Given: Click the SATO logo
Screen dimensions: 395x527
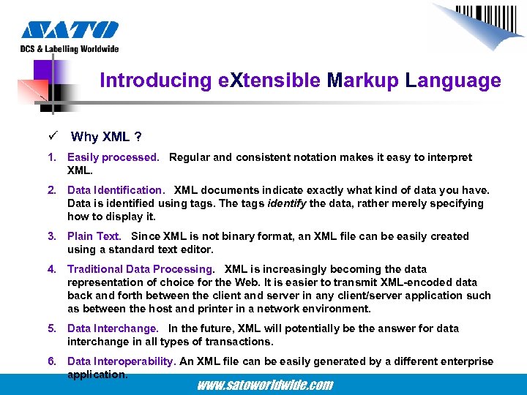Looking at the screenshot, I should click(70, 29).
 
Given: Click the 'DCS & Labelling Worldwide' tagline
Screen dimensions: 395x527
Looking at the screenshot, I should click(70, 49).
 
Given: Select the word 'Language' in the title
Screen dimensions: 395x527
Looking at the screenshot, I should click(454, 80).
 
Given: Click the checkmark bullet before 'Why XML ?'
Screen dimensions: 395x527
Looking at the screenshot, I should click(53, 137).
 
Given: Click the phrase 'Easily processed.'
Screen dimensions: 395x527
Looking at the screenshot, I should click(113, 157).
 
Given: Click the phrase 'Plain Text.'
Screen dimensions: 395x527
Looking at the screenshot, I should click(94, 236).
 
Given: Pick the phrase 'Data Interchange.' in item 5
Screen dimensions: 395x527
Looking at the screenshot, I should click(112, 328).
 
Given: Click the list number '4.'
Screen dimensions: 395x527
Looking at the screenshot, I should click(52, 269).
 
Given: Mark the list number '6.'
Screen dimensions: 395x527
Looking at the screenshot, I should click(52, 361).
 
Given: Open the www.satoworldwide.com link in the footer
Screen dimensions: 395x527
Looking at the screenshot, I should click(264, 385).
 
